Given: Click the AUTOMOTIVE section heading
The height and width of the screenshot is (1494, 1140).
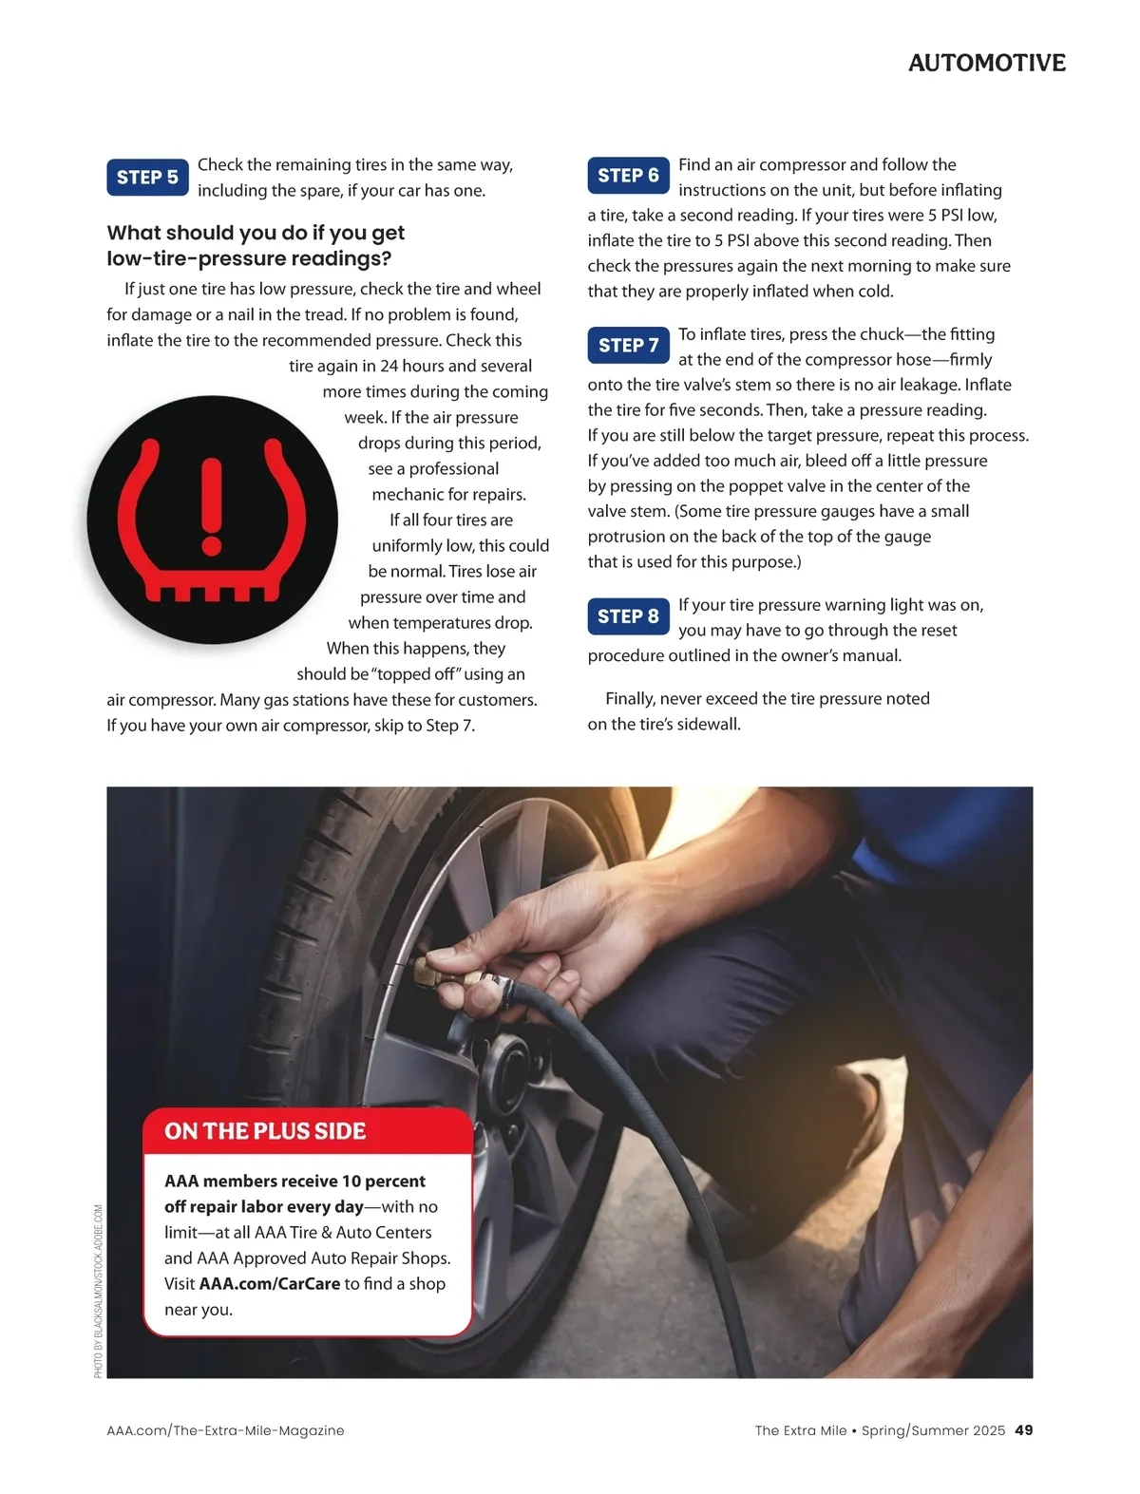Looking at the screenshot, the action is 986,63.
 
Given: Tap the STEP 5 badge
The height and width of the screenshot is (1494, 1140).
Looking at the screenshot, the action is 147,177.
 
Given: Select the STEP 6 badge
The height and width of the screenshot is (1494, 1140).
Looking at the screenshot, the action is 628,176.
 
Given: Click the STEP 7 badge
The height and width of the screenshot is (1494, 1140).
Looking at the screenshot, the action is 628,345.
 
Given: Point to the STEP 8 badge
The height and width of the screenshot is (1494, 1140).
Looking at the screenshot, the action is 628,616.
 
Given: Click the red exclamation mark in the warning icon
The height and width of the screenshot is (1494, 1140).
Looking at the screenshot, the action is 212,506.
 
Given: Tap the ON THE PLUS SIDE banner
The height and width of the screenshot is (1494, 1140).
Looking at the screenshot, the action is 308,1130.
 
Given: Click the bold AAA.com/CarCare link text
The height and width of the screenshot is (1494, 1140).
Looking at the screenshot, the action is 270,1283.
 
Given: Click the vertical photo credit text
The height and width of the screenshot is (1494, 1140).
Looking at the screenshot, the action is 98,1291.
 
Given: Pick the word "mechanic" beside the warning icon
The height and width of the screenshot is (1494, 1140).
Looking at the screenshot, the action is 404,494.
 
